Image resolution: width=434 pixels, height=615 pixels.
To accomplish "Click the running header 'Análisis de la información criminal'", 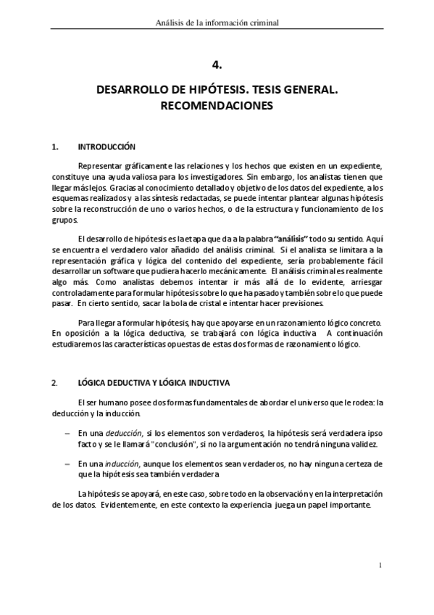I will point(217,22).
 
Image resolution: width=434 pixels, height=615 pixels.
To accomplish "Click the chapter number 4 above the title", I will point(217,65).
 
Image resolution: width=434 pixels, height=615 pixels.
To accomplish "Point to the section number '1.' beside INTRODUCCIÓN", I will point(56,147).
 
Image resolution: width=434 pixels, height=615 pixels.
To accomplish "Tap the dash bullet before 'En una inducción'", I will point(67,463).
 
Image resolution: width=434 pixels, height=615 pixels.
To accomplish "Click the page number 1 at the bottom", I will point(380,564).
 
